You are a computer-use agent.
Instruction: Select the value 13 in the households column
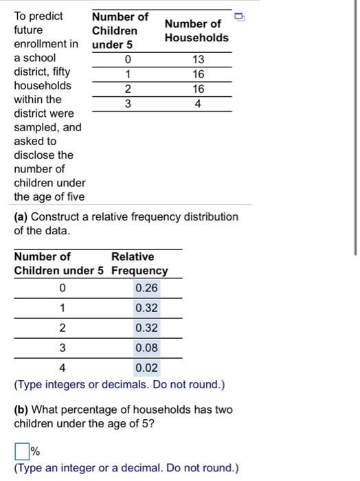pos(198,59)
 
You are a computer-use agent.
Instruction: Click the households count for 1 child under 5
pos(198,74)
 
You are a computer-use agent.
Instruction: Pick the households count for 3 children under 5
pos(198,104)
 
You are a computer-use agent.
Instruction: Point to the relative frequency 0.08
pos(146,348)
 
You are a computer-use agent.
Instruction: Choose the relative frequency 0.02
pos(146,368)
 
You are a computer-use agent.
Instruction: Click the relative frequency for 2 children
pos(146,328)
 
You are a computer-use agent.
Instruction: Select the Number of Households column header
pos(196,30)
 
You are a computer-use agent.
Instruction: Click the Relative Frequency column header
pos(139,263)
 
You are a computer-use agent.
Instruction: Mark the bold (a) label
pos(21,216)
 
